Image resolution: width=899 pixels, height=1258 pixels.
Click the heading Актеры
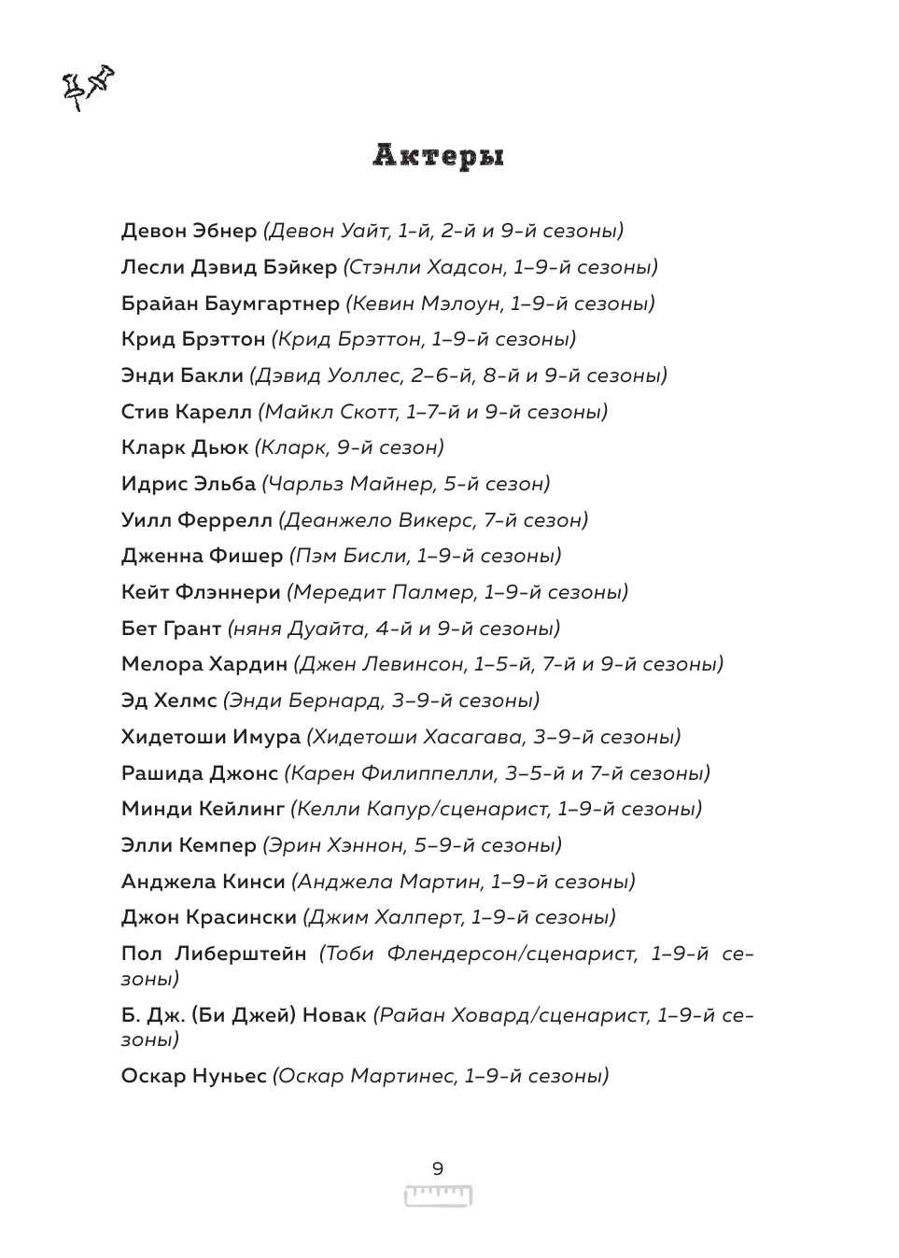point(439,157)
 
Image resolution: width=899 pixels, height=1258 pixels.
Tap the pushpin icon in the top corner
point(87,86)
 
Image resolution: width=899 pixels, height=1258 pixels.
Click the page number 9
point(438,1168)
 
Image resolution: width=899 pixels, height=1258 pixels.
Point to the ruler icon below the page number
point(438,1195)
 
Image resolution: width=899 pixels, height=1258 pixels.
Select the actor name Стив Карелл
point(187,411)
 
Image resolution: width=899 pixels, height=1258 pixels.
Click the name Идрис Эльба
point(189,484)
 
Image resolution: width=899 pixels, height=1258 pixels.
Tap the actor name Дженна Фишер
point(202,556)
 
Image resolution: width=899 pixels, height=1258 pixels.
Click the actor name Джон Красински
point(209,917)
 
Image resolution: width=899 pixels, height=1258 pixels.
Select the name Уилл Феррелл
point(197,520)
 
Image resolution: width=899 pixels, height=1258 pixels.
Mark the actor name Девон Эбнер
point(189,231)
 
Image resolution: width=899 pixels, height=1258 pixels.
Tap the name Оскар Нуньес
point(194,1076)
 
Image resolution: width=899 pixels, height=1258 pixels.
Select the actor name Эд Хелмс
point(169,700)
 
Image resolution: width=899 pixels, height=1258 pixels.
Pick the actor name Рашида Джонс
point(200,773)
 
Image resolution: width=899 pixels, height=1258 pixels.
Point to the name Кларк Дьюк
point(185,447)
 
